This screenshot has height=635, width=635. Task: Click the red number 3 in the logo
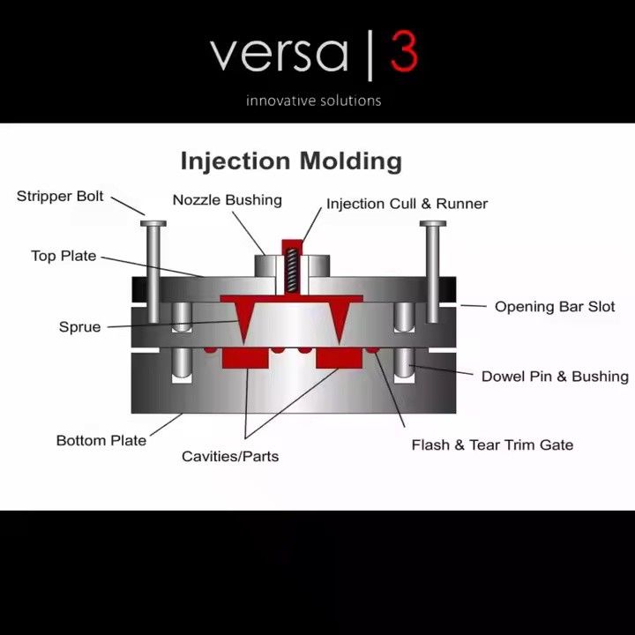(404, 51)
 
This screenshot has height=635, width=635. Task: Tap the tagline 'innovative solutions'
(313, 101)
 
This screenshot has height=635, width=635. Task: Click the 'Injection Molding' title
(291, 161)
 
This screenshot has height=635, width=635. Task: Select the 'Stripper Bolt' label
(60, 197)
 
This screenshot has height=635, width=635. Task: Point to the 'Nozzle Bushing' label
(228, 200)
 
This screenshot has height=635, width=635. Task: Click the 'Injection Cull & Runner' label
(407, 204)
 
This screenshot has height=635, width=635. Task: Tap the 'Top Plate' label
(63, 256)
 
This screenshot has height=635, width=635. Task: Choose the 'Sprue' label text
(79, 327)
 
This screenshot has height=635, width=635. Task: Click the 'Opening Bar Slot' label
(555, 307)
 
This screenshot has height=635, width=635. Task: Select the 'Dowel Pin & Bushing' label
(555, 377)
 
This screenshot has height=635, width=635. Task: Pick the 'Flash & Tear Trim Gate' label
(492, 445)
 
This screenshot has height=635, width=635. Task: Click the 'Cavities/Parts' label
(230, 457)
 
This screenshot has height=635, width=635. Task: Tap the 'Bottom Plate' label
(101, 441)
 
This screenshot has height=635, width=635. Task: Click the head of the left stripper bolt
(153, 223)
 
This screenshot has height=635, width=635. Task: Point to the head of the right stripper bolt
(433, 223)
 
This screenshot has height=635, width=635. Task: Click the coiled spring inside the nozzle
(292, 270)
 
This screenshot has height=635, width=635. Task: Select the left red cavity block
(245, 358)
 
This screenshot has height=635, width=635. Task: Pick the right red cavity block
(339, 358)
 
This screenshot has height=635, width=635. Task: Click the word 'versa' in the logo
(280, 54)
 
